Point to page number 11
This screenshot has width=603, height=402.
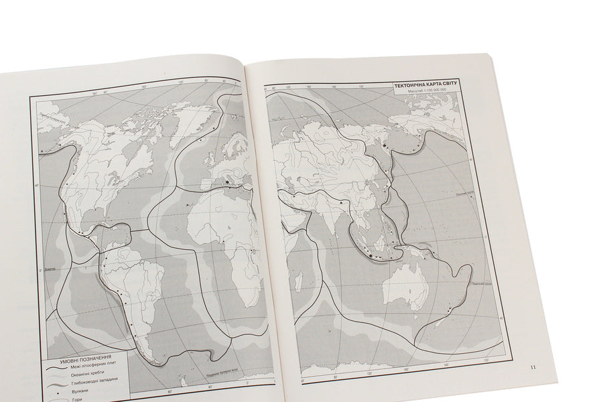tap(533, 366)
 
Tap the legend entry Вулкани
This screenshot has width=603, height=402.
tap(80, 391)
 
